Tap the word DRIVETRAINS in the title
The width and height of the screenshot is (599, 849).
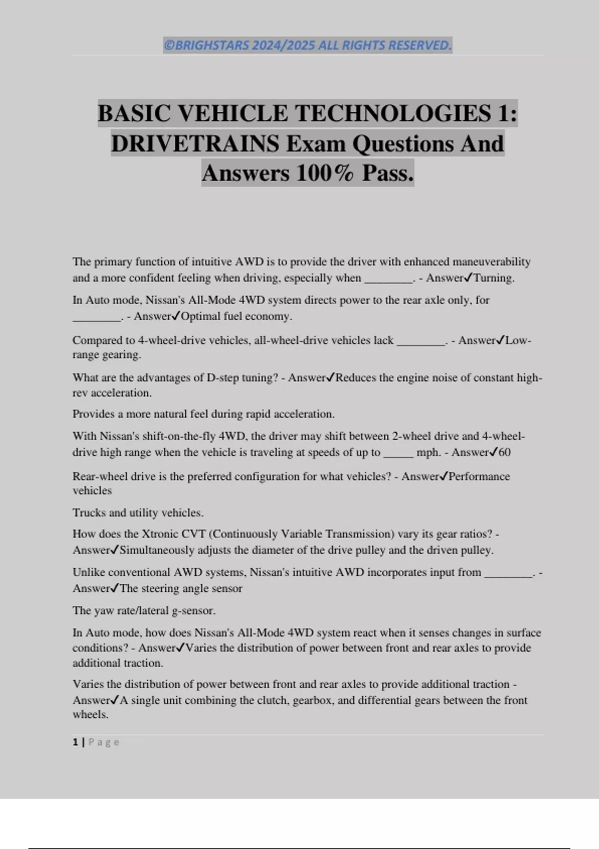tap(195, 144)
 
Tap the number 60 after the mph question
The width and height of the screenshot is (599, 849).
tap(504, 452)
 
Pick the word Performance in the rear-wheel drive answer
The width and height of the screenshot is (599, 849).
tap(479, 476)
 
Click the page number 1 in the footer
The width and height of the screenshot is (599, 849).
tap(75, 742)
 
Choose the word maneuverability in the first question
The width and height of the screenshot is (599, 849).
tap(491, 262)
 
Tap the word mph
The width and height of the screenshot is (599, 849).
tap(427, 452)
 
